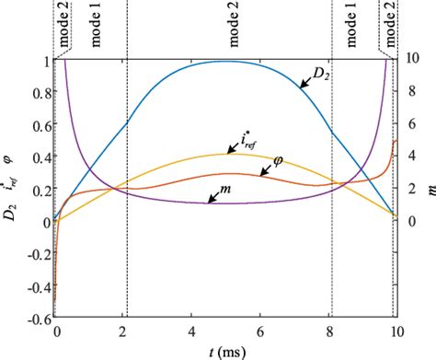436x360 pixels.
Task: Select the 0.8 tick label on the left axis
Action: pos(40,92)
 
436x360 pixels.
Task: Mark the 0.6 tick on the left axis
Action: pos(40,124)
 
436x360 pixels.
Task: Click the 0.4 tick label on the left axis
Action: pos(40,157)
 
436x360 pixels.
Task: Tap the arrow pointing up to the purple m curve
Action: pos(212,197)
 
